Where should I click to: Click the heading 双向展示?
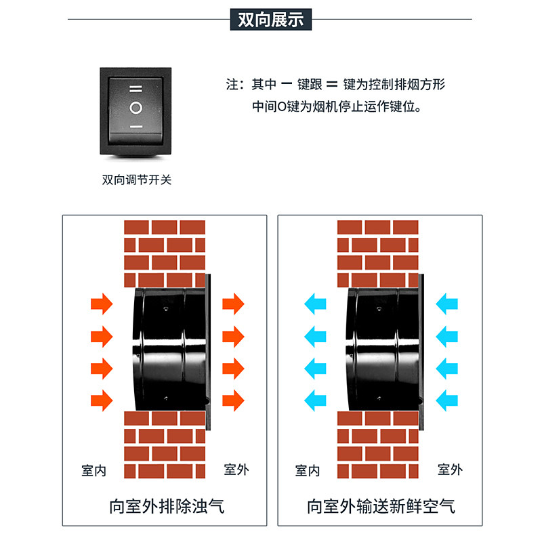270,20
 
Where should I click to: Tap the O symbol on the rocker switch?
135,107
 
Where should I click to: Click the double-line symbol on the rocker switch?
135,88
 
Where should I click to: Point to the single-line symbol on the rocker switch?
135,127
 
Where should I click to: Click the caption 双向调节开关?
136,180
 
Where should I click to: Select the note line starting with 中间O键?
336,106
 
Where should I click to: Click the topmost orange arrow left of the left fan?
101,304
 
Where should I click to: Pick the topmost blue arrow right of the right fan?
447,304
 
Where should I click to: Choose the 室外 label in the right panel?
450,469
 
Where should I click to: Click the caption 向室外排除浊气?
166,505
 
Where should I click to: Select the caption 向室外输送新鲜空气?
381,505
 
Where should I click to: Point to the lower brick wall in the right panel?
378,444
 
